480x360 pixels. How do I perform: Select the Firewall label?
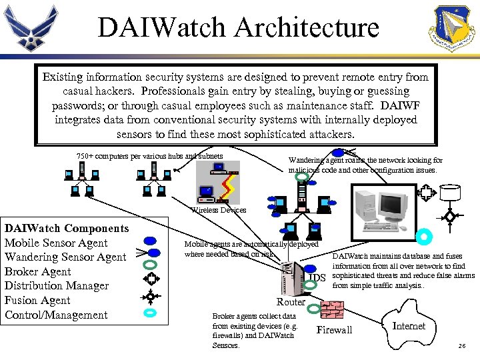point(334,330)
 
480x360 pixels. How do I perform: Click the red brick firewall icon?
point(332,311)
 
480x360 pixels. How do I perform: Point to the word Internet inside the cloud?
point(408,326)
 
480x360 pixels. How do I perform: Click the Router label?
point(291,302)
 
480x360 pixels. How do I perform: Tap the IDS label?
point(317,277)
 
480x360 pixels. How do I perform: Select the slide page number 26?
point(462,346)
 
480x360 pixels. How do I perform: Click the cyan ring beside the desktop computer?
point(423,237)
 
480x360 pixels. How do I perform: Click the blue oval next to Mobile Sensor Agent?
point(151,241)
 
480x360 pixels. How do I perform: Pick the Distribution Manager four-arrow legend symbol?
point(151,278)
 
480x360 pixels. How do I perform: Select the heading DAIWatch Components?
point(67,229)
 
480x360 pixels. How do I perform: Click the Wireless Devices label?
point(219,210)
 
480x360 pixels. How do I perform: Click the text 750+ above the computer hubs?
point(85,157)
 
